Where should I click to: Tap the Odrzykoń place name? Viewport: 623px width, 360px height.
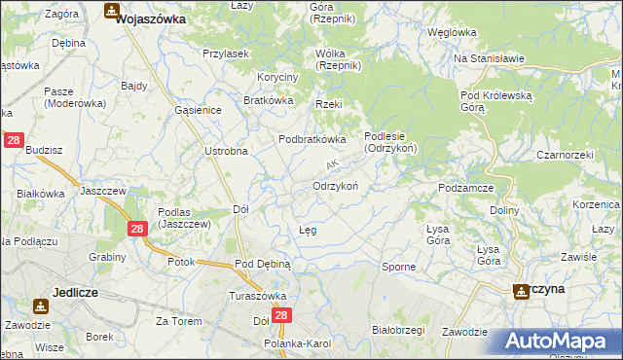[x=337, y=185]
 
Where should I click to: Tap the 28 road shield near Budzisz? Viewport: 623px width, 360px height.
[x=14, y=141]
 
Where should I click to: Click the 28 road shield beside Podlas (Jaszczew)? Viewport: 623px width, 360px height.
[x=137, y=228]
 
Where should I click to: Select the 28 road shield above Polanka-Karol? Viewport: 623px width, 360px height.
[x=282, y=316]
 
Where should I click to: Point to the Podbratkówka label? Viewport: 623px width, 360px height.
[x=312, y=139]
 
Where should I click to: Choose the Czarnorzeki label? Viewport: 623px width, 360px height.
[x=565, y=155]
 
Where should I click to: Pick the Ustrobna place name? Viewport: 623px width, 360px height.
[x=226, y=151]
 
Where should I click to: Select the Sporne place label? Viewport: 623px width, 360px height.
[x=398, y=266]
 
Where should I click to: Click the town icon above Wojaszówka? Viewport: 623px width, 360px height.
[x=112, y=12]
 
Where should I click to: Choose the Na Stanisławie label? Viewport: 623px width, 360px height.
[x=490, y=58]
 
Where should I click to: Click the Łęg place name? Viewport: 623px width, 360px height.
[x=307, y=230]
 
